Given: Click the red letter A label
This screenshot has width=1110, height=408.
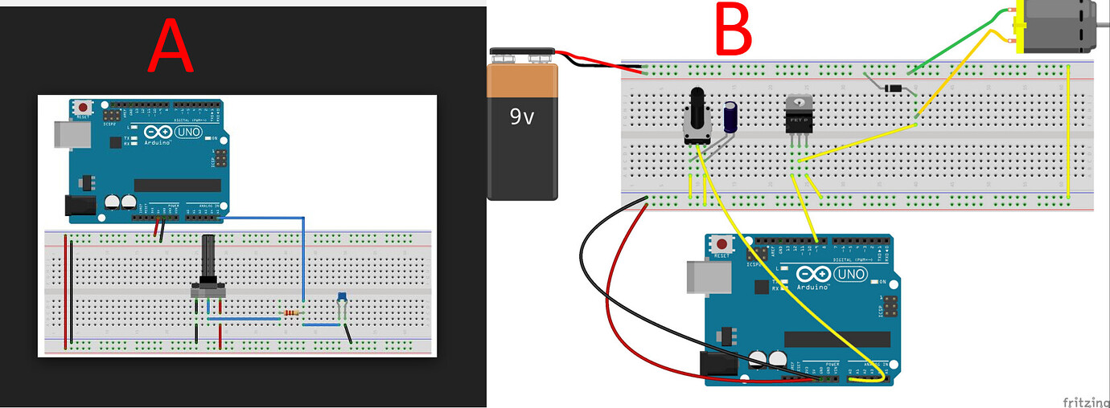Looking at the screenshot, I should (x=171, y=47).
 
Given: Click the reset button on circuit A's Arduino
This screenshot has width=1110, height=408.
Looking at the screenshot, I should (x=83, y=107).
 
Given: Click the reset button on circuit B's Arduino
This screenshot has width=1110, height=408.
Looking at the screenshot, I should (x=722, y=244).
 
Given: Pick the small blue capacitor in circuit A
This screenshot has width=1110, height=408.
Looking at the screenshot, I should (x=343, y=298).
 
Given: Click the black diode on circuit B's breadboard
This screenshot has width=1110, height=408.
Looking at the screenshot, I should (x=891, y=88).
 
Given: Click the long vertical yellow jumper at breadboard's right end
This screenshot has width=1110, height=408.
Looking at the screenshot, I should (x=1068, y=133).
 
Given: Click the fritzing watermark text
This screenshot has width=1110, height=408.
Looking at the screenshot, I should (x=1085, y=401).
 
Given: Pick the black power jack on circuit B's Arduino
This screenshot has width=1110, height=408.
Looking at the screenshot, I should (x=717, y=366).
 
